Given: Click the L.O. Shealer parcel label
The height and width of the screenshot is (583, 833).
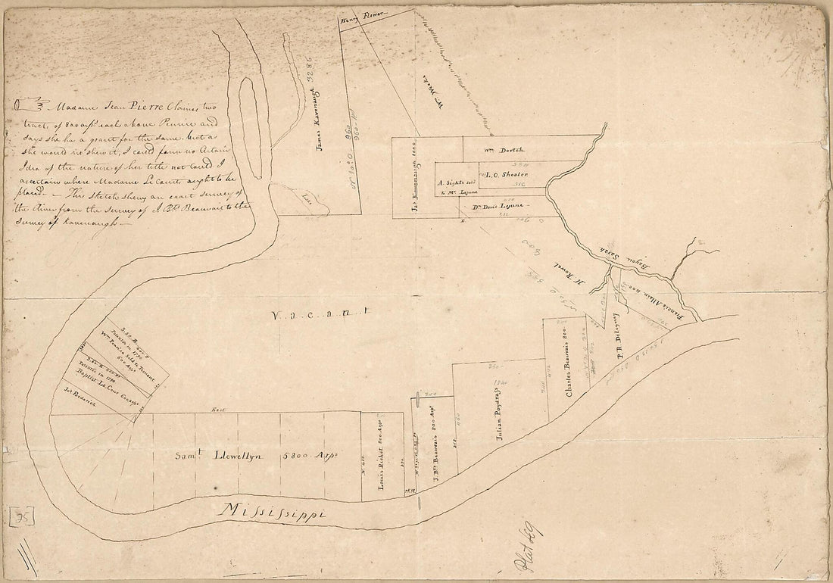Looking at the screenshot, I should [x=501, y=175].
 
